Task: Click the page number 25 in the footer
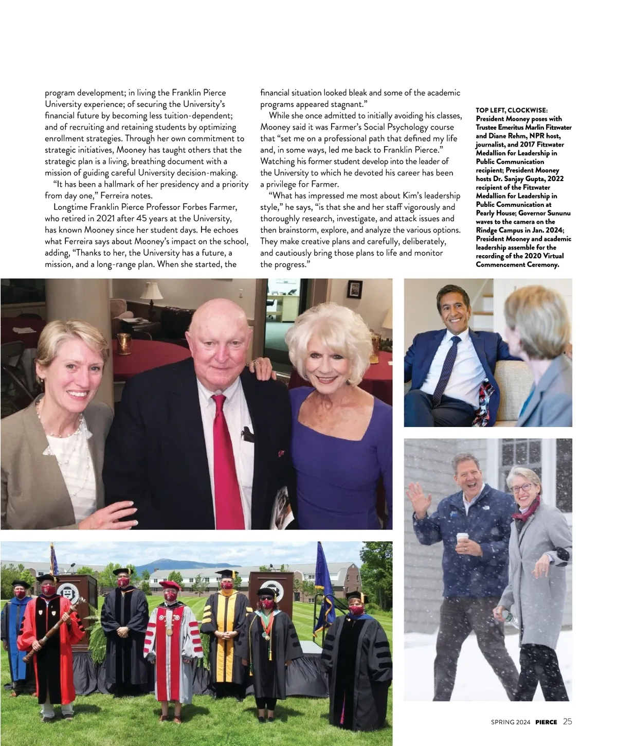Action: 567,721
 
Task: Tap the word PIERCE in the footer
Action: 546,722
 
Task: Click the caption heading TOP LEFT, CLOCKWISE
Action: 512,110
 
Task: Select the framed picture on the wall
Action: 355,289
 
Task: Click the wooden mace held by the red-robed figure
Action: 51,633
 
